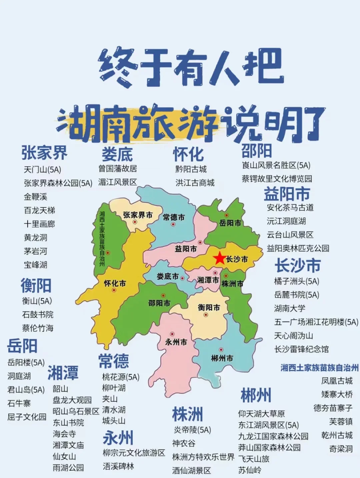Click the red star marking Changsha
[219, 258]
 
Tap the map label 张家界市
[138, 215]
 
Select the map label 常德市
[174, 217]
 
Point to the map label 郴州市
[222, 358]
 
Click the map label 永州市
[176, 342]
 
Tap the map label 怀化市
[115, 284]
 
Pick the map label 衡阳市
[209, 307]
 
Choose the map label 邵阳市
[159, 303]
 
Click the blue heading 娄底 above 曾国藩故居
[117, 154]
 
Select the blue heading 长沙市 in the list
[297, 266]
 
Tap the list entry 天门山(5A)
[42, 170]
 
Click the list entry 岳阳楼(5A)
[26, 363]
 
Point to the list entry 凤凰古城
[337, 381]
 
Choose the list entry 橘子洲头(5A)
[296, 281]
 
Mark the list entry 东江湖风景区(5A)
[268, 425]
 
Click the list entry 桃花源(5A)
[121, 377]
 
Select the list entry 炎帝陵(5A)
[192, 430]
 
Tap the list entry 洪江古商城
[195, 183]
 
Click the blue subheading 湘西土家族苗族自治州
[319, 368]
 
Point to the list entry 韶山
[60, 389]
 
